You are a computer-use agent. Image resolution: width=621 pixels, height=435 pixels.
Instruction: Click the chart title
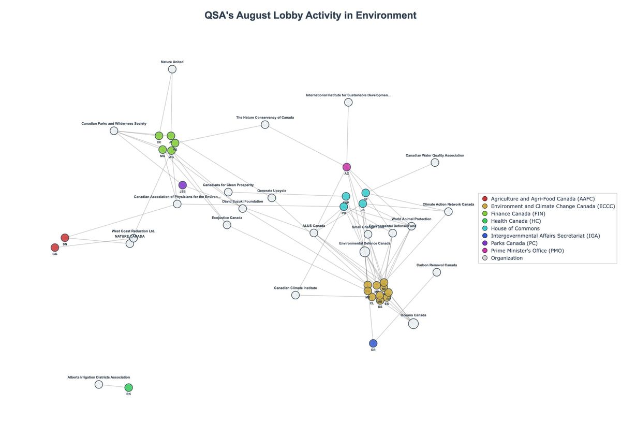pyautogui.click(x=310, y=15)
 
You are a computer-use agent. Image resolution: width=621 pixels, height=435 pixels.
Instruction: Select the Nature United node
pyautogui.click(x=172, y=69)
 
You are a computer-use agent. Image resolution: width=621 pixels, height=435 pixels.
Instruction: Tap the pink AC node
pyautogui.click(x=347, y=167)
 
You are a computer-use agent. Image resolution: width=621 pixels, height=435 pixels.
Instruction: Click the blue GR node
pyautogui.click(x=373, y=343)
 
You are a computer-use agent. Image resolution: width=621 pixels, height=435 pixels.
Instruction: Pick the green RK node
pyautogui.click(x=129, y=387)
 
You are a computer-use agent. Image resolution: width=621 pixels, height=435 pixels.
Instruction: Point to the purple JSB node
pyautogui.click(x=183, y=185)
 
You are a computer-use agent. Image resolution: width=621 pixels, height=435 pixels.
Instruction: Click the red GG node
pyautogui.click(x=55, y=248)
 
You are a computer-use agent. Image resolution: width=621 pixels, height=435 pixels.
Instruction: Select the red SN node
pyautogui.click(x=65, y=238)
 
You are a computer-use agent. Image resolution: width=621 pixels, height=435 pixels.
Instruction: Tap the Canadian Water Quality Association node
pyautogui.click(x=435, y=163)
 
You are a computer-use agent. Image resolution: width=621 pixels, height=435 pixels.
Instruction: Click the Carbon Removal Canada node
pyautogui.click(x=437, y=272)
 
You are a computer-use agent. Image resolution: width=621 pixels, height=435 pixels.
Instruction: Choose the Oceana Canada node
pyautogui.click(x=413, y=324)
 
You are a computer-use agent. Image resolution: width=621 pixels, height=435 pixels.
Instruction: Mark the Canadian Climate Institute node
pyautogui.click(x=295, y=295)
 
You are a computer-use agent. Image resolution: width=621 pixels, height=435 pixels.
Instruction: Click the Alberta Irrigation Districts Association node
pyautogui.click(x=99, y=384)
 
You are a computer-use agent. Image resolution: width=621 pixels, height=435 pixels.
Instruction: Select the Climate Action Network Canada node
pyautogui.click(x=448, y=211)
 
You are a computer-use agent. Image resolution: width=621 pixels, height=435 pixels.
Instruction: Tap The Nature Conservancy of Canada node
pyautogui.click(x=265, y=125)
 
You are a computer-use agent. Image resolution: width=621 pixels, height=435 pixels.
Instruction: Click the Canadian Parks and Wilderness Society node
pyautogui.click(x=114, y=130)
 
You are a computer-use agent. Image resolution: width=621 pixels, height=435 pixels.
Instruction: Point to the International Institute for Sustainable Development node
pyautogui.click(x=348, y=103)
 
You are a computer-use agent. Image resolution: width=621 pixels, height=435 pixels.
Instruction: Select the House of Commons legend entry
pyautogui.click(x=515, y=228)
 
